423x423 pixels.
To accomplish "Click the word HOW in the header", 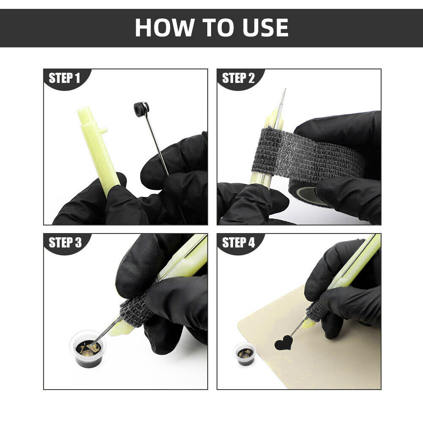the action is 164,27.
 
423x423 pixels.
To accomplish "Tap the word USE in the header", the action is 266,27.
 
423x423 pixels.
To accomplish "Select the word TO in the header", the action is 218,27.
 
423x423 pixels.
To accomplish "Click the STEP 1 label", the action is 64,78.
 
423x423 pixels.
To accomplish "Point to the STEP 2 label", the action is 238,78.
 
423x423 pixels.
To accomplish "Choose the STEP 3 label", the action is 65,242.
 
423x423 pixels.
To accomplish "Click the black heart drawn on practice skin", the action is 283,343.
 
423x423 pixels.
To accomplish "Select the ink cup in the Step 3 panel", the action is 88,349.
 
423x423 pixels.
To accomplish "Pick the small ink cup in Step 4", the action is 245,354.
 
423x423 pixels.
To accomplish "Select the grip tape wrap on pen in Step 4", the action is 318,310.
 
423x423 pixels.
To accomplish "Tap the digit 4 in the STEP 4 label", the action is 251,242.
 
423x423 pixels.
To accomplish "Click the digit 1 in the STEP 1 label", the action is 78,78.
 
